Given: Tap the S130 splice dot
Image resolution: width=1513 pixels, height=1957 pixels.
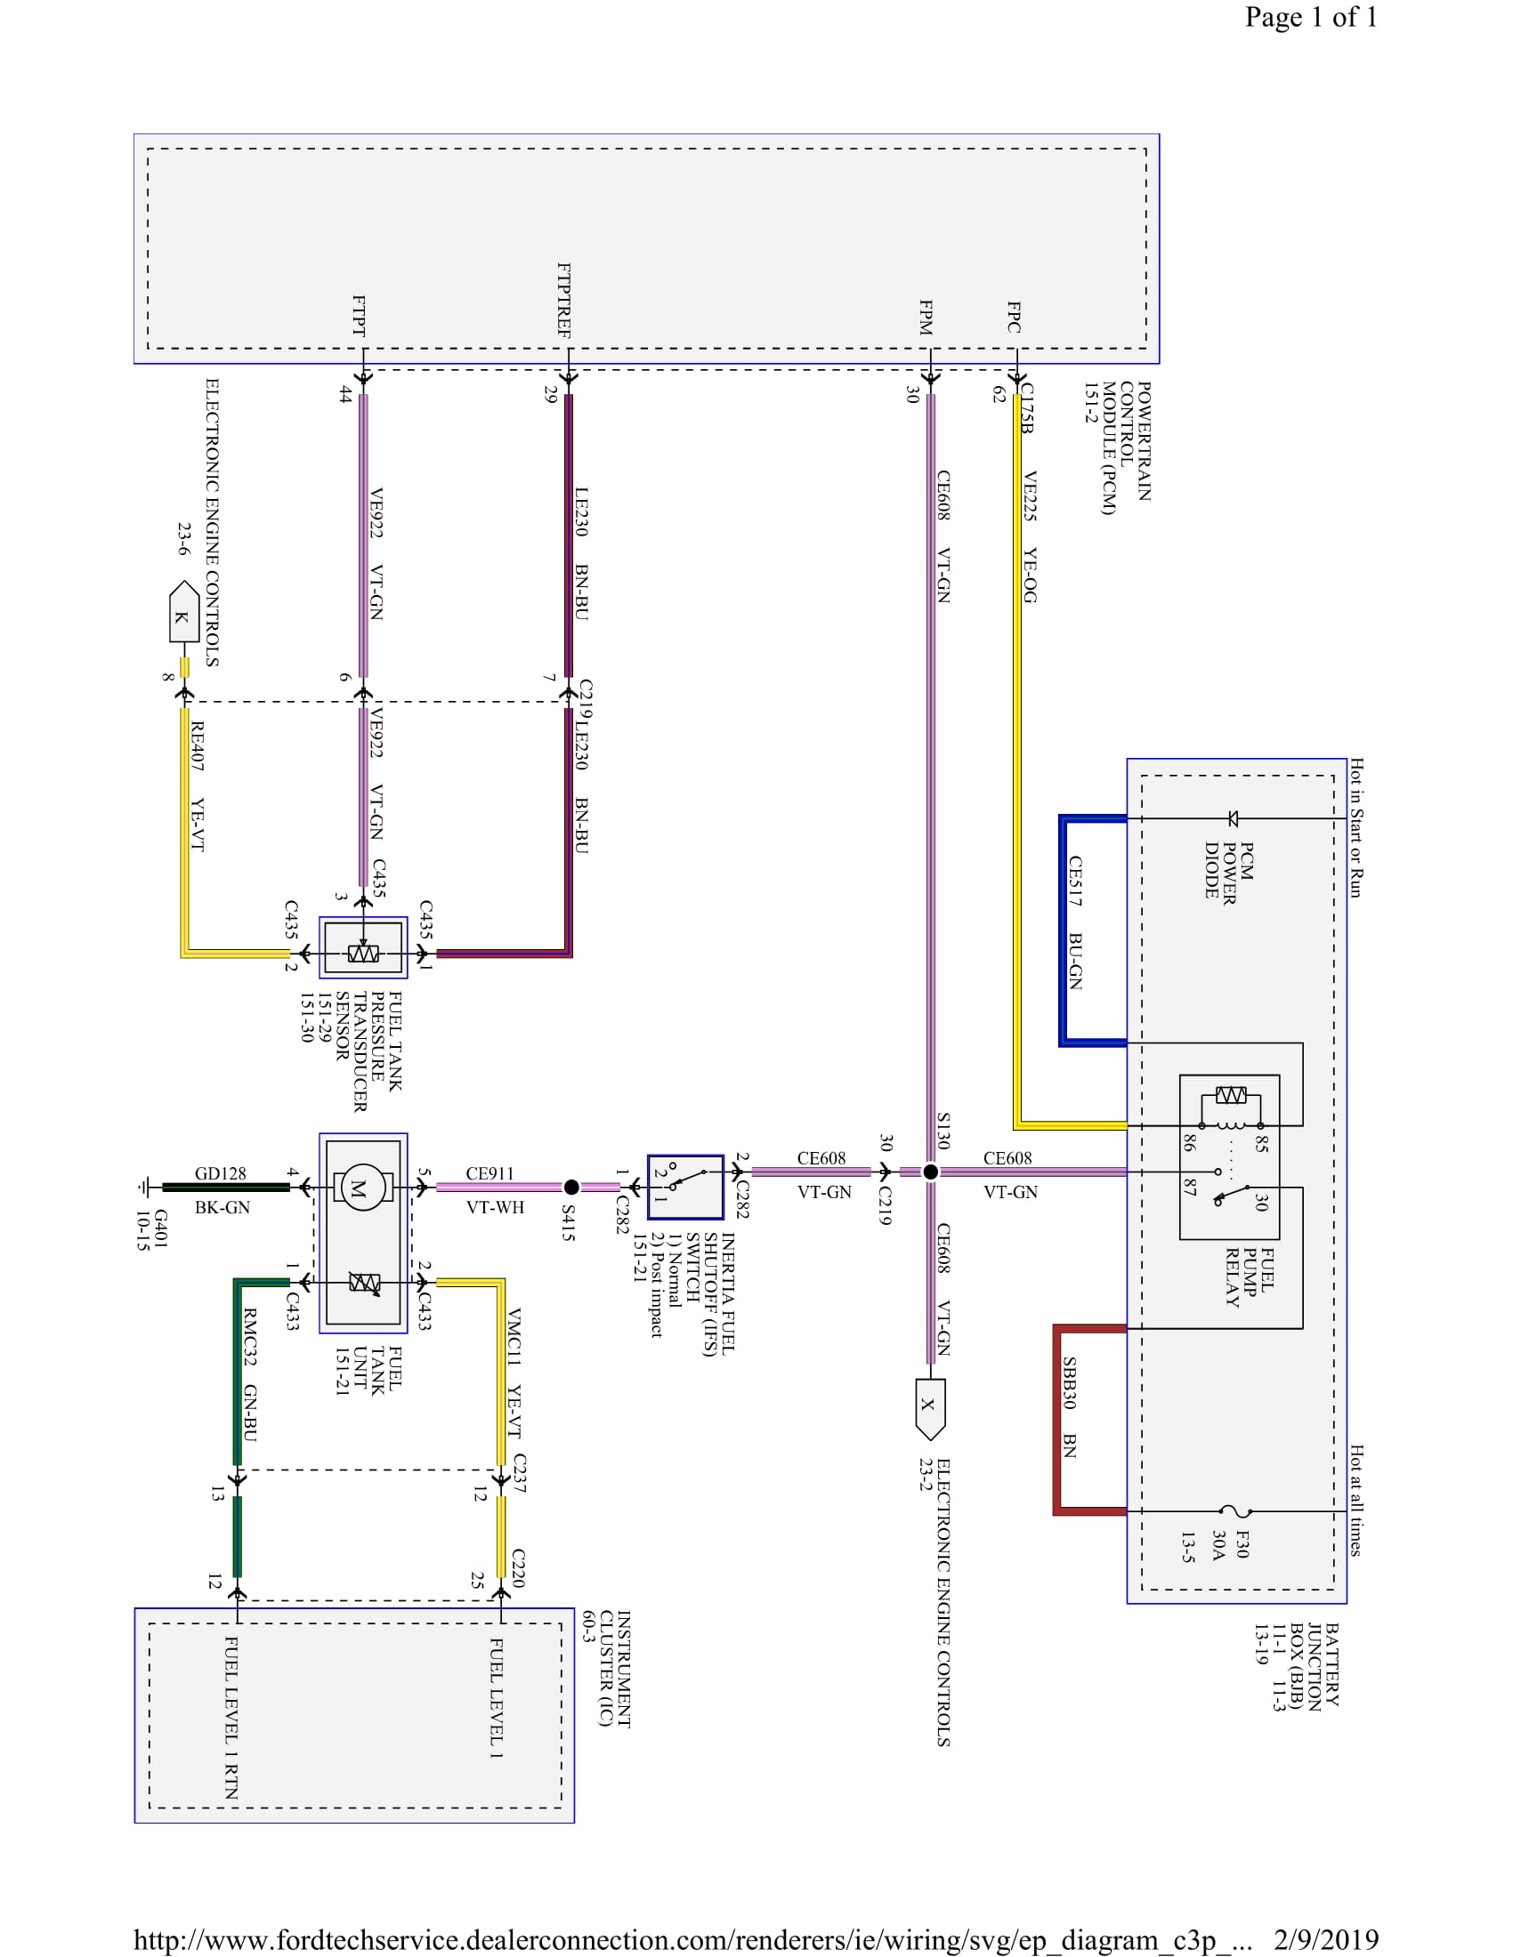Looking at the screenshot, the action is point(930,1172).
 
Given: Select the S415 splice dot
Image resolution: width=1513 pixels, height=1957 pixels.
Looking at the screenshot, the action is point(571,1188).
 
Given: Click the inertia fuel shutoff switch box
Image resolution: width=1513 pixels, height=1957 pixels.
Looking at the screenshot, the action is point(684,1188).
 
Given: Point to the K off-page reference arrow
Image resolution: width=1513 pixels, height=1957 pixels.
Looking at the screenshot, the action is point(183,612).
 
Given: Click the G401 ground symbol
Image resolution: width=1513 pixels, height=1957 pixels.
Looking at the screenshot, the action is point(143,1188).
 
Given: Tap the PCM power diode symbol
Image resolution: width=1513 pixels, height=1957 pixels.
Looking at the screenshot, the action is point(1234,818).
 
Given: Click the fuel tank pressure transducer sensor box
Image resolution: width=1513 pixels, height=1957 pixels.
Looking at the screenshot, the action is point(363,947).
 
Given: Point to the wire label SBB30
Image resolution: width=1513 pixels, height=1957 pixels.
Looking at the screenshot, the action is point(1069,1382).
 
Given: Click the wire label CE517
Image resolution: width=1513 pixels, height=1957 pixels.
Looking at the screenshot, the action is point(1075,881).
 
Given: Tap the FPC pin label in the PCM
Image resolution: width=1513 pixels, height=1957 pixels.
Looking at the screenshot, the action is point(1014,318).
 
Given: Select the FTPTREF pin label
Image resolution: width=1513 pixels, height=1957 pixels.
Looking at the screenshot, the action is point(563,300).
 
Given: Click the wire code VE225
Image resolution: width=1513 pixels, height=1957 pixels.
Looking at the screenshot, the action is point(1030,496).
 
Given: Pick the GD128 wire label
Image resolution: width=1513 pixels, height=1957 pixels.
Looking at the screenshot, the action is point(221,1174).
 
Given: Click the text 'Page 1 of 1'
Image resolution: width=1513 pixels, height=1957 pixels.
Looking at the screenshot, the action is point(1310,17).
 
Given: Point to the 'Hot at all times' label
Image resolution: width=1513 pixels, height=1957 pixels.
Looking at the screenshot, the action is point(1356,1500).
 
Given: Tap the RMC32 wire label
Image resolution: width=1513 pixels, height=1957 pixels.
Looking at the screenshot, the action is point(250,1337).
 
